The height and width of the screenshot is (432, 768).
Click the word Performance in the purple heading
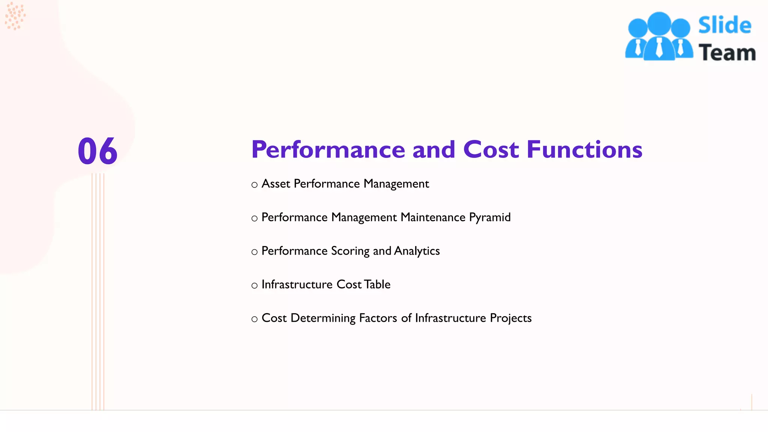coord(328,150)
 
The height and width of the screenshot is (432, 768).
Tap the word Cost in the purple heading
coord(491,150)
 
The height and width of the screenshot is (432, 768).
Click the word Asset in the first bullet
coord(276,184)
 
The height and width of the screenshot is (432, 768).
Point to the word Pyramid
coord(490,217)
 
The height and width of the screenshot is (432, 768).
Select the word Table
coord(377,285)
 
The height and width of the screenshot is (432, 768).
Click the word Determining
coord(323,318)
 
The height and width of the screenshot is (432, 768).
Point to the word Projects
coord(511,318)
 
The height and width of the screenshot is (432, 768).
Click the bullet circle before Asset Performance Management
coord(255,185)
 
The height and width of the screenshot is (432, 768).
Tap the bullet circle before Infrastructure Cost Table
coord(255,286)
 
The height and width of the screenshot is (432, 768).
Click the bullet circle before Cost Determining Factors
coord(255,319)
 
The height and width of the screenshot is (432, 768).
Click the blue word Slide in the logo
coord(724,25)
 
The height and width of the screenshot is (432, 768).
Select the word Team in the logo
coord(727,52)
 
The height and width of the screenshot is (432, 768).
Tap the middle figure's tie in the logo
coord(659,48)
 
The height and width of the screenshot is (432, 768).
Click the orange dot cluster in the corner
coord(15,16)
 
